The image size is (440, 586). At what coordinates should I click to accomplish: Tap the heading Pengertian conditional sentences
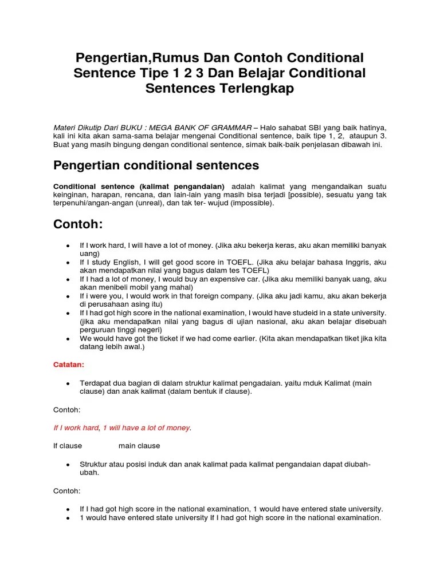coord(156,165)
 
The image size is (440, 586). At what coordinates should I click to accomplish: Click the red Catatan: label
coord(69,363)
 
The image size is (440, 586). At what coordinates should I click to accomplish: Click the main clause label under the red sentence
coord(139,445)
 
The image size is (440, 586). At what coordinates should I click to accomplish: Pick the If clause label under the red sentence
coord(68,445)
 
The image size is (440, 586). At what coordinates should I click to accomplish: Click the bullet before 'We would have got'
coord(68,339)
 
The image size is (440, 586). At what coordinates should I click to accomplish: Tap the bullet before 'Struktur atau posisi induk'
coord(68,465)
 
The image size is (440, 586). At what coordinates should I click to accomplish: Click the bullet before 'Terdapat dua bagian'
coord(68,383)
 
